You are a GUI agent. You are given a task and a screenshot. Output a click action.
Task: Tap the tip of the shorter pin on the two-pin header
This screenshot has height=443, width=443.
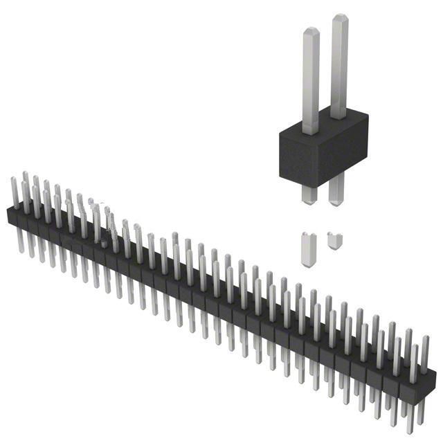(310, 31)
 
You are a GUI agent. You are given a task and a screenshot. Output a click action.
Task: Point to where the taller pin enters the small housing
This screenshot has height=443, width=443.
(338, 117)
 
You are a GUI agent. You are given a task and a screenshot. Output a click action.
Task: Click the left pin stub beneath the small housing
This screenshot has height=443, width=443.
(309, 194)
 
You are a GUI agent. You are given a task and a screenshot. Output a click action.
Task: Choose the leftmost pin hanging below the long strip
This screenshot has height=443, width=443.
(19, 239)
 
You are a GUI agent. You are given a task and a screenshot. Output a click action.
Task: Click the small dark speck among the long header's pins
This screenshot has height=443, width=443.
(105, 243)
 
